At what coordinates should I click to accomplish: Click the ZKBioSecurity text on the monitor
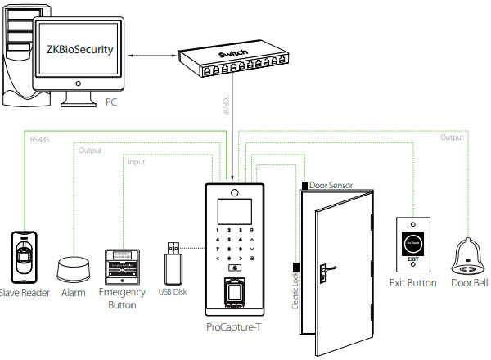click(74, 50)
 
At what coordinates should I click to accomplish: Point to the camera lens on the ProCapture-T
click(235, 195)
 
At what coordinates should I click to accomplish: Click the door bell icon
click(468, 259)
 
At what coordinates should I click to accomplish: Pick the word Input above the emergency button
click(137, 162)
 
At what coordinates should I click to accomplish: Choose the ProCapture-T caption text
click(236, 327)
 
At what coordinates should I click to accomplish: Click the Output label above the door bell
click(452, 137)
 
